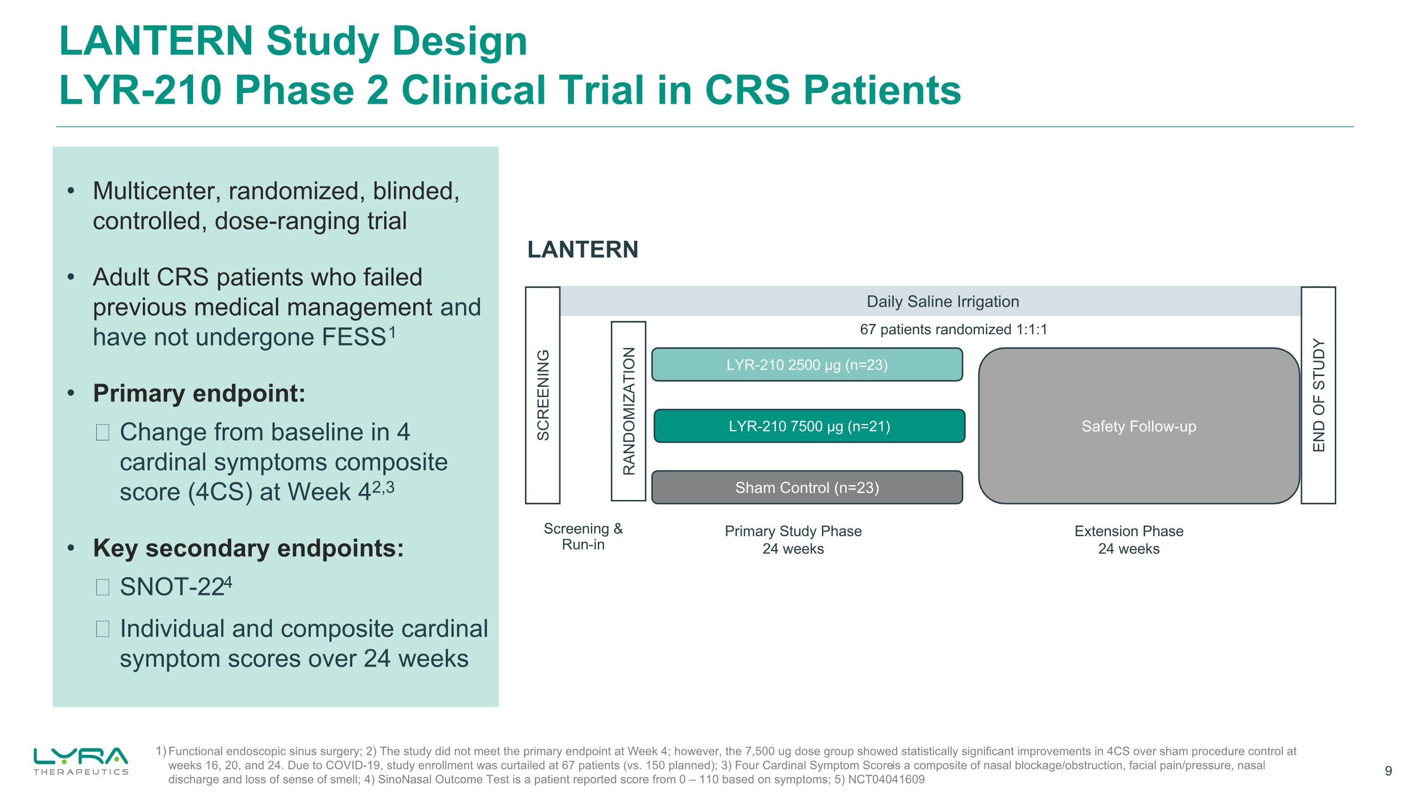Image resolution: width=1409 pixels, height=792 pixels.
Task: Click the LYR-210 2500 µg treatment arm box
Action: (x=807, y=365)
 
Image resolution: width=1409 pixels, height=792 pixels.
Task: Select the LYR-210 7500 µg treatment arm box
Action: (x=809, y=426)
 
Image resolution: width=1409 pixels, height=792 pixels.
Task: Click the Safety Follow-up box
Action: (x=1138, y=426)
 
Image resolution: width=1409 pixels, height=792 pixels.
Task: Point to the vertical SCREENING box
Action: (x=542, y=395)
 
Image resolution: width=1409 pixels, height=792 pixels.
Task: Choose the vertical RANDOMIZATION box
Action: (x=628, y=411)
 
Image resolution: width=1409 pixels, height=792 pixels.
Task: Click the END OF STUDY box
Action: (x=1318, y=395)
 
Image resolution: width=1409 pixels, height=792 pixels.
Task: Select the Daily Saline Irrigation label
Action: (x=943, y=301)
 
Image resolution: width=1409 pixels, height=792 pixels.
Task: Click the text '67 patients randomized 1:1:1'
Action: (x=953, y=330)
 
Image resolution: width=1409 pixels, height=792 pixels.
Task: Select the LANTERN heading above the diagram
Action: (x=582, y=250)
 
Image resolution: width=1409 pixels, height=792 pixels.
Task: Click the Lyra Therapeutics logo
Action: (x=81, y=760)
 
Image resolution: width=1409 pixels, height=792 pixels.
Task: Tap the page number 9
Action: (x=1388, y=771)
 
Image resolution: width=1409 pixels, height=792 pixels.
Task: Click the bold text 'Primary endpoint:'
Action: (x=199, y=393)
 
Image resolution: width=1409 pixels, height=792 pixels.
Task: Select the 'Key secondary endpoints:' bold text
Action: (x=248, y=548)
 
